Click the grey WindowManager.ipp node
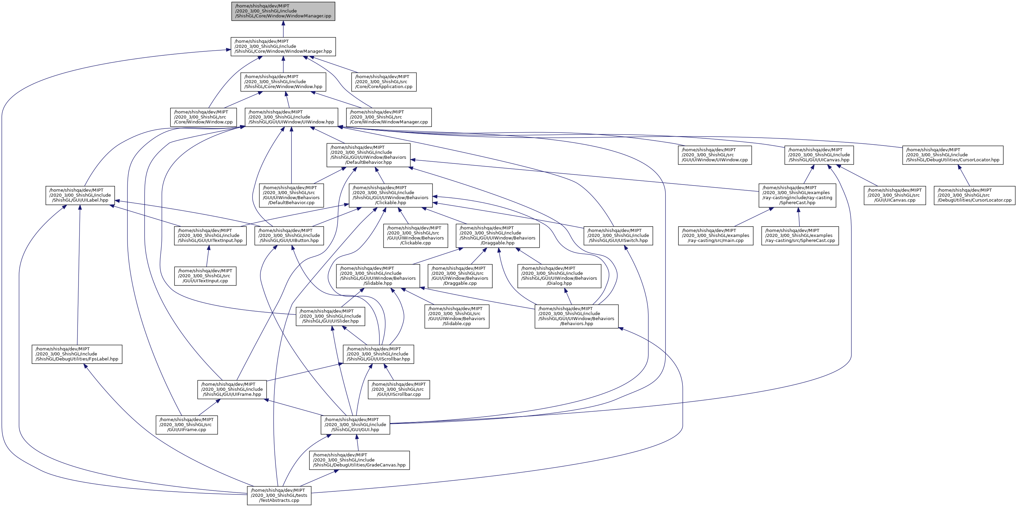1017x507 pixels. pyautogui.click(x=283, y=11)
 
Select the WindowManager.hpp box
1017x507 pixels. pyautogui.click(x=283, y=47)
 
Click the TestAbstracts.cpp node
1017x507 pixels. pyautogui.click(x=279, y=495)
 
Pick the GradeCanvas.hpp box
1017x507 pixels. pyautogui.click(x=359, y=460)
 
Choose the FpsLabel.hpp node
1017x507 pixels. pyautogui.click(x=77, y=354)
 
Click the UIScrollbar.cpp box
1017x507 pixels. pyautogui.click(x=399, y=389)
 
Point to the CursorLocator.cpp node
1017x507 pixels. pyautogui.click(x=974, y=195)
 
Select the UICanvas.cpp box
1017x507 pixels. pyautogui.click(x=895, y=195)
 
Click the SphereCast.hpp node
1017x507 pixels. pyautogui.click(x=797, y=195)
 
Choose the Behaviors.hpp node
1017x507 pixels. pyautogui.click(x=576, y=316)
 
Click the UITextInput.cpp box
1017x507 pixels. pyautogui.click(x=205, y=276)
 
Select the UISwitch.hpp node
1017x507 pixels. pyautogui.click(x=618, y=235)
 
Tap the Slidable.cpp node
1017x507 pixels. pyautogui.click(x=457, y=316)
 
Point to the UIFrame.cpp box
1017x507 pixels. pyautogui.click(x=186, y=424)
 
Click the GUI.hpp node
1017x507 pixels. pyautogui.click(x=355, y=424)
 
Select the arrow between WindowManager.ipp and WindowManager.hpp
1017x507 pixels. pyautogui.click(x=283, y=29)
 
